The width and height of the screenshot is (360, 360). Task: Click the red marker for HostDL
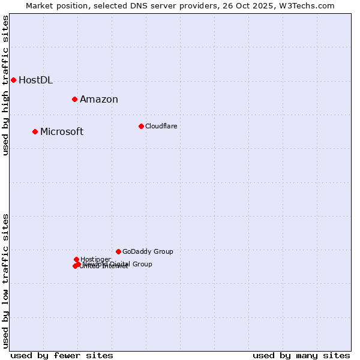13,80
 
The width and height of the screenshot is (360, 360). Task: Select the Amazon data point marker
74,99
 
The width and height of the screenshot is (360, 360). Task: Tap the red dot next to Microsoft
35,131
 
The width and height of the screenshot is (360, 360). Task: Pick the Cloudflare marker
141,126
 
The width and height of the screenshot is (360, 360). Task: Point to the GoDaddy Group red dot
118,251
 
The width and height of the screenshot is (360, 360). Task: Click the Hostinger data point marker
76,259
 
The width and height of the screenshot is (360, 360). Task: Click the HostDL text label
35,80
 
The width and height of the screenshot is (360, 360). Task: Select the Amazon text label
99,100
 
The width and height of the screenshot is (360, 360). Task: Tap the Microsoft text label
62,132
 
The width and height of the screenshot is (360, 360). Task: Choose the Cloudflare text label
161,126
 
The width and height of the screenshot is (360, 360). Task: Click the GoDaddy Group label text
148,252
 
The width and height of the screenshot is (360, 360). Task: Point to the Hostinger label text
95,259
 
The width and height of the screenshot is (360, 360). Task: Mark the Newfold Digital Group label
120,264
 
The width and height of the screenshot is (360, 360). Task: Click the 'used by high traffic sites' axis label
6,86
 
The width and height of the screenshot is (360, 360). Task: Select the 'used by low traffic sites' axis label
6,281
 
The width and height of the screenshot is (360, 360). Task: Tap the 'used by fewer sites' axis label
62,355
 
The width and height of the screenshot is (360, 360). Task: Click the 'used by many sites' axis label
301,355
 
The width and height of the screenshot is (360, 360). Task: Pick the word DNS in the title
138,5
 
